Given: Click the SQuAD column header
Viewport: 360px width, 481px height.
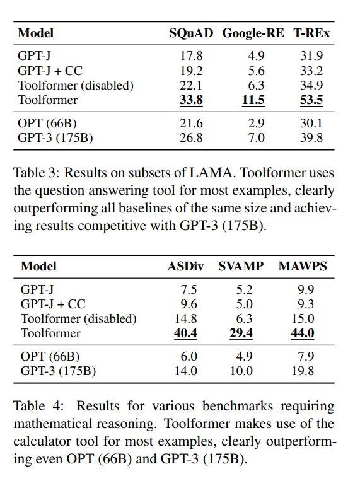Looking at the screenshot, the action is (x=191, y=33).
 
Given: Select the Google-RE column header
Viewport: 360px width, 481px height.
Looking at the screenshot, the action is (x=253, y=33).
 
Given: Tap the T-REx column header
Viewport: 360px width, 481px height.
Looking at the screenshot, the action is (x=311, y=33).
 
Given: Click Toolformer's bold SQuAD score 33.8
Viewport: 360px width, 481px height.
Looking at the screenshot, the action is (x=191, y=100).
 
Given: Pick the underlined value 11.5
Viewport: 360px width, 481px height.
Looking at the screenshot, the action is (x=253, y=100).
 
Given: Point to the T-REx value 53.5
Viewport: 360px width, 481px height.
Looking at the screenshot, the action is (x=311, y=100).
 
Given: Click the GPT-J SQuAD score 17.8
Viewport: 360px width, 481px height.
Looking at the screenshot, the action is (x=191, y=56).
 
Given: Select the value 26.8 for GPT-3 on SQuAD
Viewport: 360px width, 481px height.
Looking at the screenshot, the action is (x=191, y=137).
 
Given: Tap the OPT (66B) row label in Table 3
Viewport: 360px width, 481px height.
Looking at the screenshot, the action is (x=47, y=124).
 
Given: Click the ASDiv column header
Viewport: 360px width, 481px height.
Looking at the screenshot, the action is (x=185, y=266).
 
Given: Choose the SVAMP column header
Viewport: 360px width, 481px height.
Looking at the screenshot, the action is (x=241, y=266).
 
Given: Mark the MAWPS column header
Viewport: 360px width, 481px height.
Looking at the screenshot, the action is (x=303, y=266).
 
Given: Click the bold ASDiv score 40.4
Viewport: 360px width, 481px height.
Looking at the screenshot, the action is (x=185, y=333).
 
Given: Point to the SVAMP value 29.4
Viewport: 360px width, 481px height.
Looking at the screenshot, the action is (x=241, y=333).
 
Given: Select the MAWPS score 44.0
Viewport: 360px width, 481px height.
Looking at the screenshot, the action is (x=303, y=333).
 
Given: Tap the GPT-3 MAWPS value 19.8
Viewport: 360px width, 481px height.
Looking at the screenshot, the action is (x=303, y=371).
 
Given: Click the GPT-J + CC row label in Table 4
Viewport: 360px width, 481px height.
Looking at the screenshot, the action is (x=53, y=304).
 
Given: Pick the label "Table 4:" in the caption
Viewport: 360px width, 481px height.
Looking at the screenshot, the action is (x=38, y=406).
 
